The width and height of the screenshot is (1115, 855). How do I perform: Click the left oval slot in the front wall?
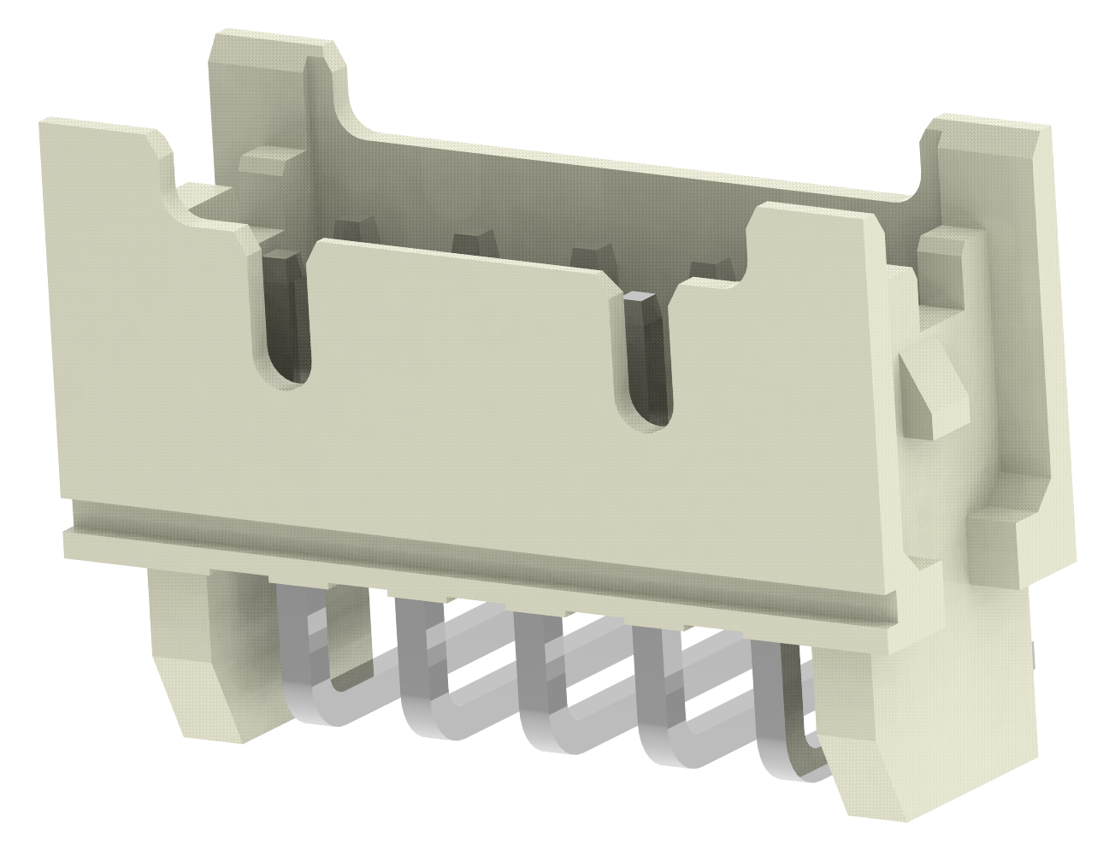coord(286,321)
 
